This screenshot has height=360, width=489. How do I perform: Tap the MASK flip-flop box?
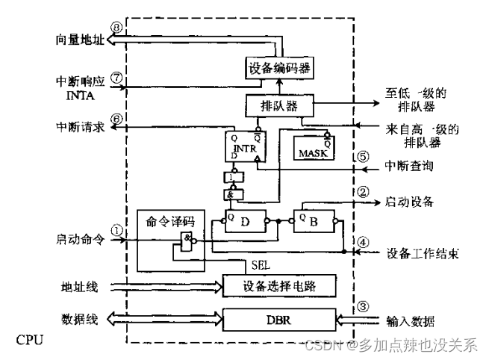pos(313,148)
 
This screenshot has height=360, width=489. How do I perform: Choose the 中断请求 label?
pos(77,128)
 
